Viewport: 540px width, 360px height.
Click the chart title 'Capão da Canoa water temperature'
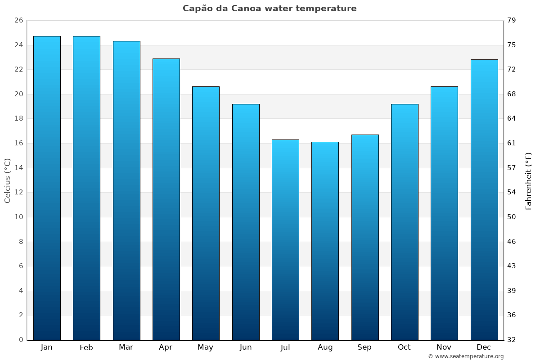(270, 9)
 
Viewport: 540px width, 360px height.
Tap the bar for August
(325, 241)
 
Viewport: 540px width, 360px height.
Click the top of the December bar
(484, 60)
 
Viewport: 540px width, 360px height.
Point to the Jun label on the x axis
(246, 347)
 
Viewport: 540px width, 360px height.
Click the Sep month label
(364, 347)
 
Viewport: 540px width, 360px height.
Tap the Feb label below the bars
(86, 347)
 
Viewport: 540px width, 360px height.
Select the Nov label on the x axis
(444, 347)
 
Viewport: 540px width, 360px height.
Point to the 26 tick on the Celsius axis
(18, 21)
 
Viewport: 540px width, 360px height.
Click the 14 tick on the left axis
(18, 168)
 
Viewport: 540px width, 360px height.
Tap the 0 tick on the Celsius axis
(21, 340)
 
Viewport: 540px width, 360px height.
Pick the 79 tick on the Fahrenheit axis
(512, 21)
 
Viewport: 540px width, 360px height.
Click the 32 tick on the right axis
(512, 340)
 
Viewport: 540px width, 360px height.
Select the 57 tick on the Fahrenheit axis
(512, 168)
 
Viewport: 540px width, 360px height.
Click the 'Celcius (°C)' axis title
(8, 180)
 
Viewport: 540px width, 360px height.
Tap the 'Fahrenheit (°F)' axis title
(529, 180)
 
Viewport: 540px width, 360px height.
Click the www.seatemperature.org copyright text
(466, 356)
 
